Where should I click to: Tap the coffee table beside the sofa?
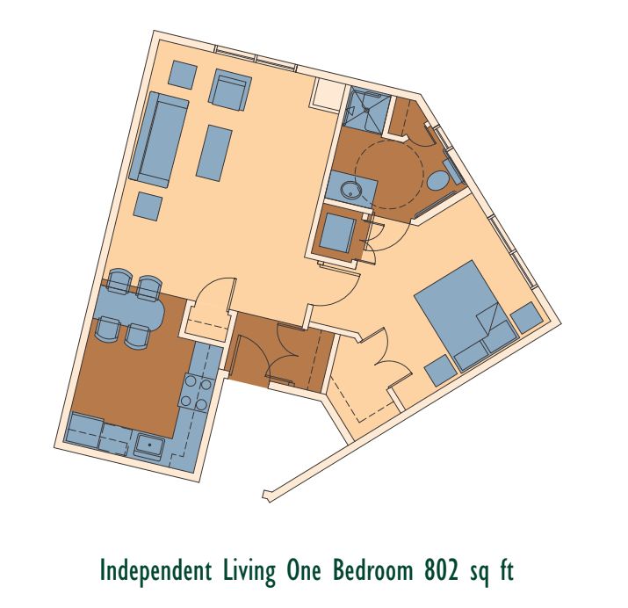coord(215,151)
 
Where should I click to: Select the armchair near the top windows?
coord(230,91)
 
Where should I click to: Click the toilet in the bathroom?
coord(441,179)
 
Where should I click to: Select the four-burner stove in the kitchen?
coord(196,393)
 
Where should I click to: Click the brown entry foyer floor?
coord(279,350)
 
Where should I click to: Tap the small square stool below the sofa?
coord(148,207)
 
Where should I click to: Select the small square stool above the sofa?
coord(183,73)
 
